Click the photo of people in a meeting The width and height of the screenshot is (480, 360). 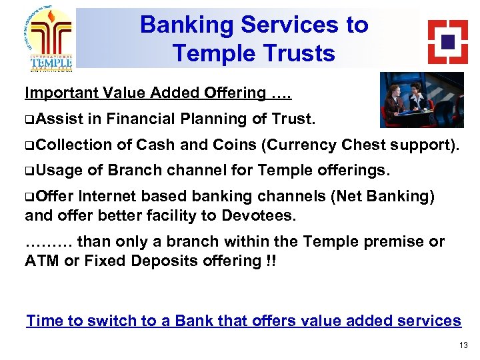[422, 99]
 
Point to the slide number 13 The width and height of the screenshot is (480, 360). [463, 345]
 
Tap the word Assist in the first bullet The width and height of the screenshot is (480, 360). [59, 119]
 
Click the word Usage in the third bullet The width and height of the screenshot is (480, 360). [59, 171]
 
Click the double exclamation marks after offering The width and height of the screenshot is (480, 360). [269, 260]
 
